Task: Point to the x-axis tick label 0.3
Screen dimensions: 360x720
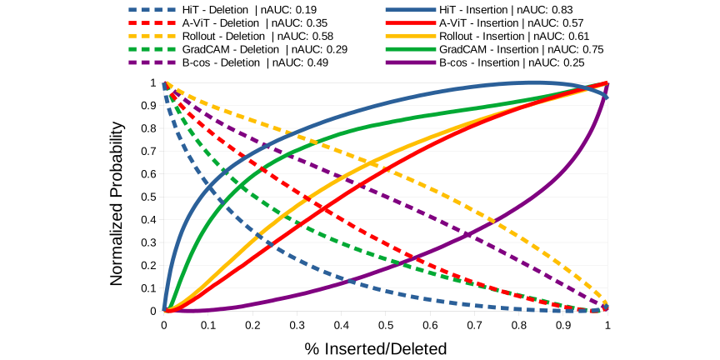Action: coord(297,324)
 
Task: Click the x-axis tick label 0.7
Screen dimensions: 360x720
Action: coord(474,324)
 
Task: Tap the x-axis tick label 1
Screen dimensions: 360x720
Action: coord(607,324)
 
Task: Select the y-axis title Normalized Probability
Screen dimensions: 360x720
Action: coord(118,203)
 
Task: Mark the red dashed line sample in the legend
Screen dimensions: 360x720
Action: coord(147,23)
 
